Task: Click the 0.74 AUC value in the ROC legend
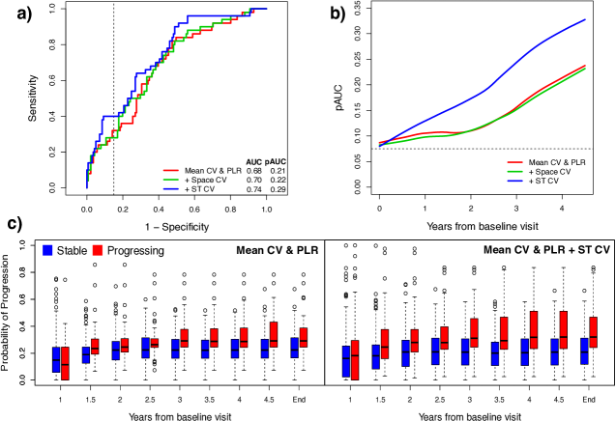pyautogui.click(x=252, y=188)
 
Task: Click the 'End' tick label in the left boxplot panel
pyautogui.click(x=306, y=396)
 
